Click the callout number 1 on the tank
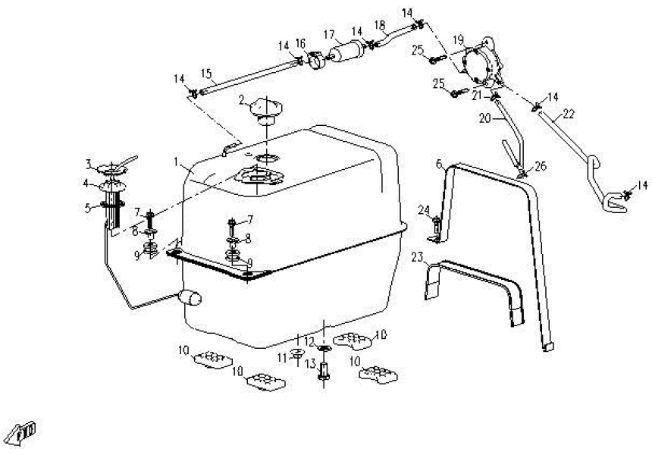pos(176,162)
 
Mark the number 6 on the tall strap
pos(439,163)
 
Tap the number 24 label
pos(424,210)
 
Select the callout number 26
pos(541,166)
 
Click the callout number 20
pos(484,118)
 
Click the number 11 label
pos(282,357)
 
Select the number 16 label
pos(301,43)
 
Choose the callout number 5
pos(88,207)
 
